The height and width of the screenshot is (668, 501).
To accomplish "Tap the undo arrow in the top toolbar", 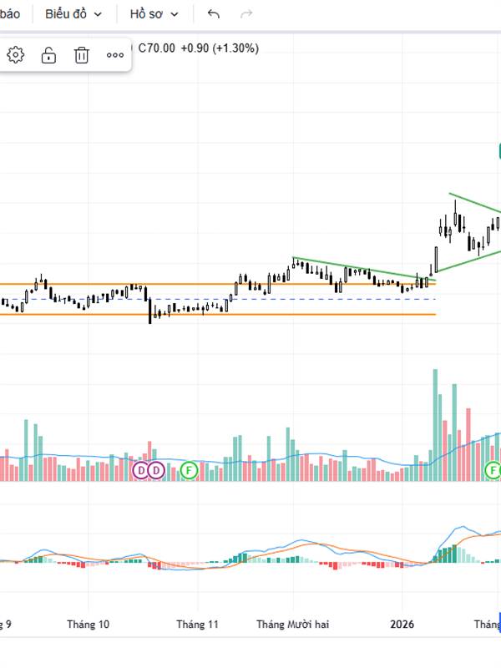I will (x=214, y=14).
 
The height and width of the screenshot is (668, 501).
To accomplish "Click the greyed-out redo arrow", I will (x=246, y=14).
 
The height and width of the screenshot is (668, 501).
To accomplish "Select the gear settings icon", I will (x=16, y=55).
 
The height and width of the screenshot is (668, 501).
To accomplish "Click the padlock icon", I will (x=48, y=55).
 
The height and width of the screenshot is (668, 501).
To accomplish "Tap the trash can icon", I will (x=82, y=55).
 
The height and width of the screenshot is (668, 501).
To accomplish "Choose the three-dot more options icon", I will (x=115, y=55).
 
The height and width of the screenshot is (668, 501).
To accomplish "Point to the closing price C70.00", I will (x=156, y=48).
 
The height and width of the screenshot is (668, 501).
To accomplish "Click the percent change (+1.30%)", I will (x=235, y=48).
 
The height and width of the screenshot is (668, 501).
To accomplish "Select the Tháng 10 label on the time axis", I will (x=89, y=624).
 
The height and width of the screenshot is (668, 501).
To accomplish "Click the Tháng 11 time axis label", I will (x=197, y=624).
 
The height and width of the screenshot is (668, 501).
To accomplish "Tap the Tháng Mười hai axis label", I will (x=292, y=624).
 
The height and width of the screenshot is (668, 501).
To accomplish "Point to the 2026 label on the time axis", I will (x=402, y=624).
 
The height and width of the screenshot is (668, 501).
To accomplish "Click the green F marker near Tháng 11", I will (x=190, y=470).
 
